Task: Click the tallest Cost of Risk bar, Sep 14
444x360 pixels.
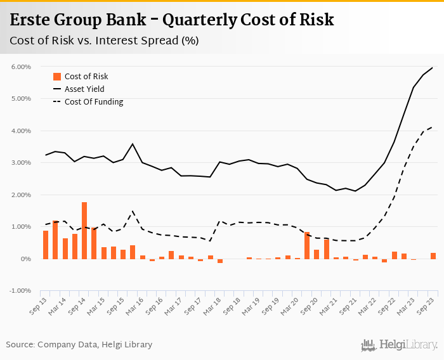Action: click(84, 231)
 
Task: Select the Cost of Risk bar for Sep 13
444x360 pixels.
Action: click(46, 245)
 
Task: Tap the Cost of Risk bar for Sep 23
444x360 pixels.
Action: click(433, 256)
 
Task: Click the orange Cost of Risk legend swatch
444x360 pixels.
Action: click(56, 77)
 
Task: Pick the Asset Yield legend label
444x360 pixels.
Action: click(84, 89)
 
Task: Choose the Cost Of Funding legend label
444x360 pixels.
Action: click(94, 102)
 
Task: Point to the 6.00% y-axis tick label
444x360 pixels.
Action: click(21, 67)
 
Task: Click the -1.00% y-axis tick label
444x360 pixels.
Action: click(20, 291)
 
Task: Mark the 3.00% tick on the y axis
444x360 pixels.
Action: click(21, 163)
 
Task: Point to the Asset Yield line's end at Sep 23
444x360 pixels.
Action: click(433, 67)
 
